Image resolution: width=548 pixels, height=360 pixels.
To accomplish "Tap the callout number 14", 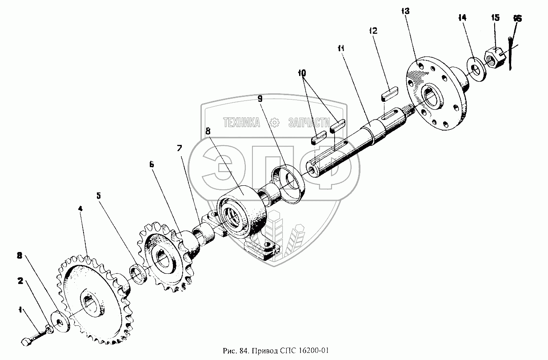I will tap(462, 18).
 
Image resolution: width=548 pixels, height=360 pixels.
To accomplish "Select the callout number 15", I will tap(495, 18).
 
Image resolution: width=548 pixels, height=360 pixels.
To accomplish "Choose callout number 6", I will tap(152, 164).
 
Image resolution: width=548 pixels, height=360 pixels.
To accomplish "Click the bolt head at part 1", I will tap(26, 342).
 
